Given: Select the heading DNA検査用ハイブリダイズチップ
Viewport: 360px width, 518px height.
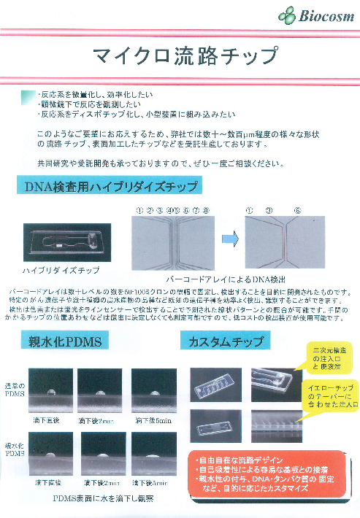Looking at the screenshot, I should tap(109, 188).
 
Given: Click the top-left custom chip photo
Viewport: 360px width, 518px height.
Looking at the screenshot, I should tap(216, 384).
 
